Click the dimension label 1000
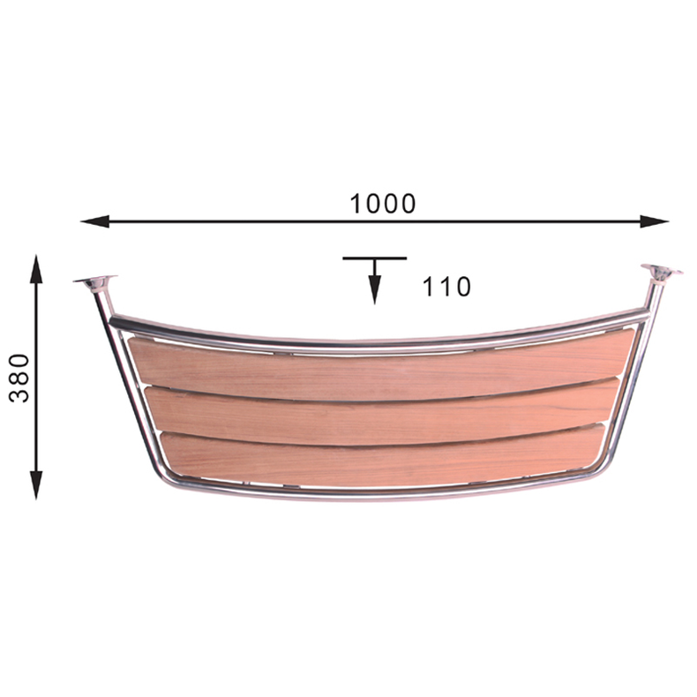382,204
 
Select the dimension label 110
446,286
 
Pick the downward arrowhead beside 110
375,291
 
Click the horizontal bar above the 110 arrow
375,259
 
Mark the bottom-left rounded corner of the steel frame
168,477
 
